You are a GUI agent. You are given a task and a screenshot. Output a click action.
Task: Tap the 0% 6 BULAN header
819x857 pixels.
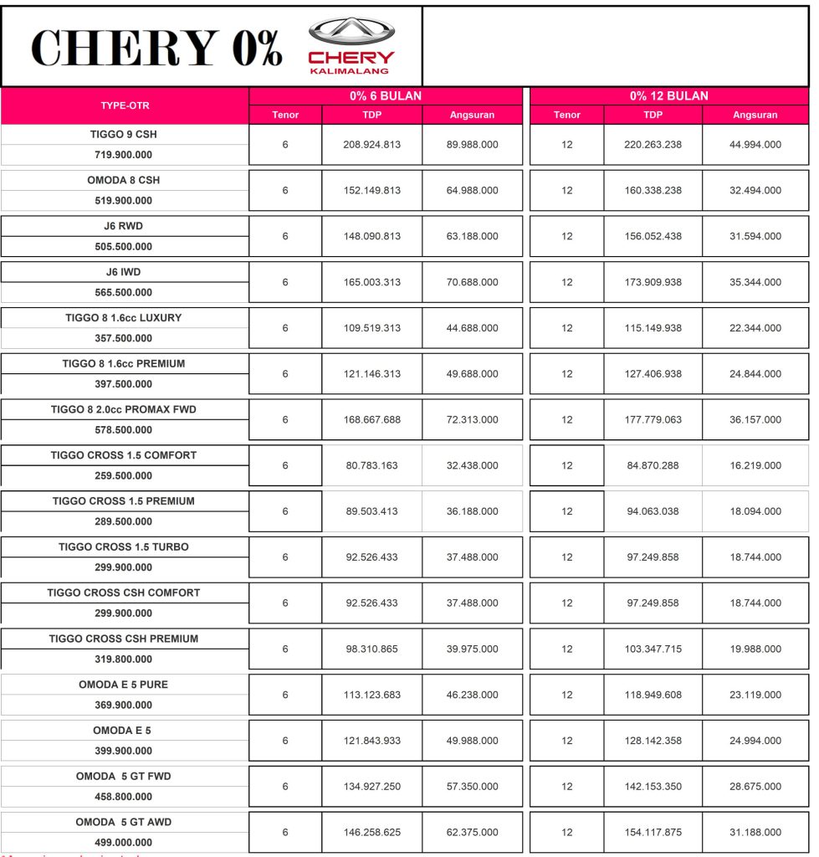pos(386,96)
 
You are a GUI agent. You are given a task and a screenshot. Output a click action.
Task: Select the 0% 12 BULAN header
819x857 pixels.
pos(669,96)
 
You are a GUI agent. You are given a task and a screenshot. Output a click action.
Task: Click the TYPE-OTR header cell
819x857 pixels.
pos(125,105)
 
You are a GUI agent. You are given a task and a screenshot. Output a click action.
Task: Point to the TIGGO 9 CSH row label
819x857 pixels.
pos(124,134)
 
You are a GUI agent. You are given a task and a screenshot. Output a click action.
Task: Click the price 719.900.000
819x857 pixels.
pos(124,155)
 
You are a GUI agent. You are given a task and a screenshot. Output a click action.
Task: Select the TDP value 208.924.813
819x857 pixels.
pos(372,145)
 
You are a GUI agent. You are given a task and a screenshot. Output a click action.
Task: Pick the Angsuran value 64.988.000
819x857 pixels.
pos(473,191)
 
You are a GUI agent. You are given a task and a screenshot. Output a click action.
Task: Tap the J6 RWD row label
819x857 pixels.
pos(124,226)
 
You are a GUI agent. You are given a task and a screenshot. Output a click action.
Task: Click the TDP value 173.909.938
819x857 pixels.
pos(653,283)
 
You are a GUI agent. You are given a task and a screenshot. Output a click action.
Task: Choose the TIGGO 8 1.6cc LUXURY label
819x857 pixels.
pos(124,318)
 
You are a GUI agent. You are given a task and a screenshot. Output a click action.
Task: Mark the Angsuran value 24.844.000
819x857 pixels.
pos(755,374)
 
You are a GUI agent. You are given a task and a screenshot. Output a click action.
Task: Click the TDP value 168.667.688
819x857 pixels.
pos(372,420)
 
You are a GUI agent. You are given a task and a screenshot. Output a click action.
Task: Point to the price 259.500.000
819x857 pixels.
pos(124,476)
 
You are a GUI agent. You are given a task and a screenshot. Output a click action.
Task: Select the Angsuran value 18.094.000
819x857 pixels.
pos(755,511)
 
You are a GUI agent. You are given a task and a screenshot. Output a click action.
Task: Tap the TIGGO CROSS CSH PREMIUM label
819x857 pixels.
pos(124,639)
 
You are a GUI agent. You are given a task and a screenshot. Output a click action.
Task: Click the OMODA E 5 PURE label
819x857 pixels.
pos(124,685)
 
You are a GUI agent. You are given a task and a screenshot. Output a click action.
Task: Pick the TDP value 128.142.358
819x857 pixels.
pos(653,741)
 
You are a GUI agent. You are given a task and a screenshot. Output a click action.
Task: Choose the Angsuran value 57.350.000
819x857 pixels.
pos(473,787)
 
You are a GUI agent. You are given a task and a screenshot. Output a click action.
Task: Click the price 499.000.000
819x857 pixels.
pos(124,843)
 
